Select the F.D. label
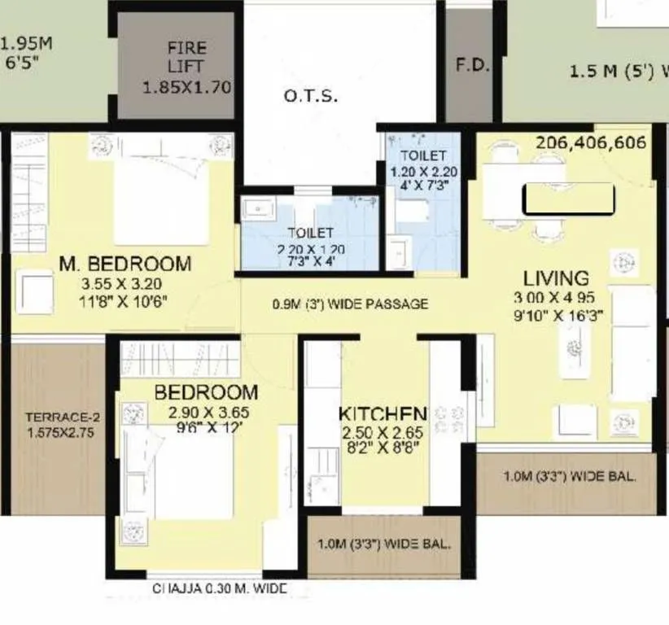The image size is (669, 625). click(x=472, y=66)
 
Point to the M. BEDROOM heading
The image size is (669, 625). click(x=125, y=264)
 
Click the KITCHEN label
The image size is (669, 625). click(x=383, y=413)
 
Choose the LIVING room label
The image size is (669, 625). click(x=556, y=278)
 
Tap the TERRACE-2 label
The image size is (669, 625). click(x=59, y=418)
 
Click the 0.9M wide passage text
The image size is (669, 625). click(x=350, y=304)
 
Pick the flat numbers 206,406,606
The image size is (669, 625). click(x=591, y=143)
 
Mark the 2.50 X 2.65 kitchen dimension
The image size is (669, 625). click(x=383, y=431)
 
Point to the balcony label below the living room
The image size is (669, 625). click(x=569, y=477)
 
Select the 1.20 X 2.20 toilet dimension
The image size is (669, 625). click(x=422, y=172)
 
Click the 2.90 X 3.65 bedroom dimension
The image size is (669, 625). click(x=208, y=413)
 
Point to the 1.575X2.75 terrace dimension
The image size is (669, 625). click(x=59, y=433)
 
